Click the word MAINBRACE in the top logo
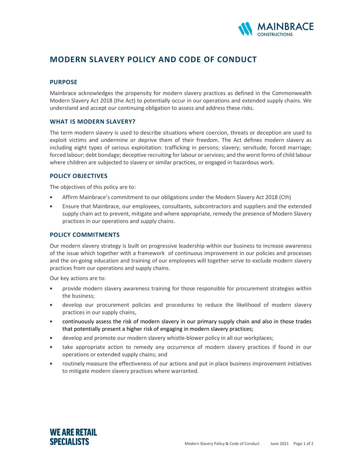pos(285,27)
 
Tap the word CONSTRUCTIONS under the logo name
pos(274,35)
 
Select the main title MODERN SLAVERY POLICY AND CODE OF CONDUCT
pos(153,60)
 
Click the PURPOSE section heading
pos(63,82)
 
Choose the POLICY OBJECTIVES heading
pos(78,176)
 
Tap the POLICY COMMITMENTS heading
pos(84,234)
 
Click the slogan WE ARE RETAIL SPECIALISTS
pos(73,437)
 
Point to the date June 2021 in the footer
pos(279,444)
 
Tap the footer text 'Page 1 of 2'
pos(303,444)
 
